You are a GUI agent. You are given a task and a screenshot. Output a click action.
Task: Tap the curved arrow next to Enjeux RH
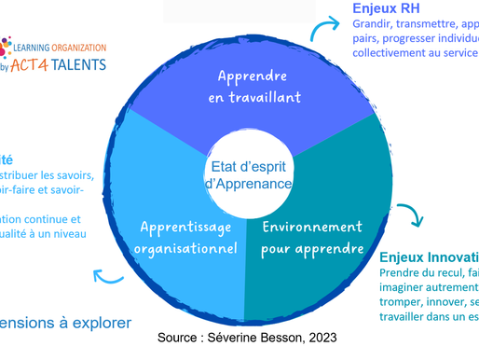point(322,32)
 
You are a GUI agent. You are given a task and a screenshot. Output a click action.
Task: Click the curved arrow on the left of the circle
point(108,275)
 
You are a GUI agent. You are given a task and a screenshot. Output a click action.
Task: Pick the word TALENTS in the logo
point(79,63)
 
